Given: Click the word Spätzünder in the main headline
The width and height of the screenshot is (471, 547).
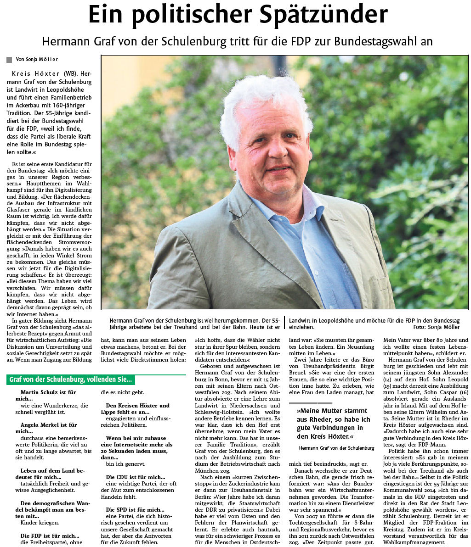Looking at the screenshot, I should pyautogui.click(x=323, y=15).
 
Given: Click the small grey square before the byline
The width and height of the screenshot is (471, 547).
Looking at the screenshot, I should pyautogui.click(x=9, y=60).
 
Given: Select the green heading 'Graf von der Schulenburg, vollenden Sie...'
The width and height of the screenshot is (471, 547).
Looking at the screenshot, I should pyautogui.click(x=71, y=380).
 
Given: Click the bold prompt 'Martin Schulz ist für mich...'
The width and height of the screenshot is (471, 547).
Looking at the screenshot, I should pyautogui.click(x=48, y=396).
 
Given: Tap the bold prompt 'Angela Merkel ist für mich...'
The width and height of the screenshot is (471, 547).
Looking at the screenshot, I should pyautogui.click(x=48, y=428).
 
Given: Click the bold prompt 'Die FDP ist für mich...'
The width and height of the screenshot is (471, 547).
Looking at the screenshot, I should pyautogui.click(x=50, y=536).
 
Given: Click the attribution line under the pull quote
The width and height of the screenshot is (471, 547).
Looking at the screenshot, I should pyautogui.click(x=336, y=448).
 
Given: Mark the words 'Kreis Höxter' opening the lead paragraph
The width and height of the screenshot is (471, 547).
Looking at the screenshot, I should pyautogui.click(x=35, y=73).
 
